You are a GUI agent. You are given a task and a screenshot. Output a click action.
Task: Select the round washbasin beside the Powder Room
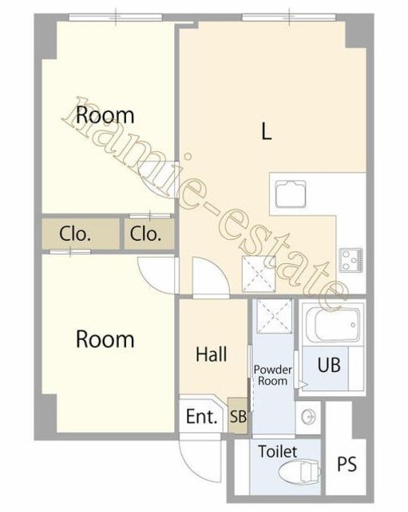309,417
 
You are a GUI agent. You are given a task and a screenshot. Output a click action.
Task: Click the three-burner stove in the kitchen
351,260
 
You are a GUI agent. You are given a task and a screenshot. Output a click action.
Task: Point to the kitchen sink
291,194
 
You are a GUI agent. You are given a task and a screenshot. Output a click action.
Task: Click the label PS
347,464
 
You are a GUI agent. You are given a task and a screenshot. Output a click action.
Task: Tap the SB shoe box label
238,417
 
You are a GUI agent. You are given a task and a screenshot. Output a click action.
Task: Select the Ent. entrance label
201,416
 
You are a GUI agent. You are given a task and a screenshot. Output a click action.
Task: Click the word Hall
211,354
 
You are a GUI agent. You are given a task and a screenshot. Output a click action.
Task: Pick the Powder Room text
272,375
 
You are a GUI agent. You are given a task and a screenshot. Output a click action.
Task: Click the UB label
329,365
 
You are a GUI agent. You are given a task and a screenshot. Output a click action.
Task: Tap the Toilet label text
278,451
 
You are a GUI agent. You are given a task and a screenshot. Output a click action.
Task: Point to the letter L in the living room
267,131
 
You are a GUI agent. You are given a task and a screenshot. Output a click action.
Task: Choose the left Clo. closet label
74,234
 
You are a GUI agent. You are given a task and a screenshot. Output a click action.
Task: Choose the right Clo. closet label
145,234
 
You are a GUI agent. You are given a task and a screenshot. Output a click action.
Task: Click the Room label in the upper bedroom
105,115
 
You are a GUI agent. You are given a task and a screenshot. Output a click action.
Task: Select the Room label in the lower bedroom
105,339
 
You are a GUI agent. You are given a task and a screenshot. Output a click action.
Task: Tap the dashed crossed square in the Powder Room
274,316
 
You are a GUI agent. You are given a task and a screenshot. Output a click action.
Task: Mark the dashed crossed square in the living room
259,274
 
